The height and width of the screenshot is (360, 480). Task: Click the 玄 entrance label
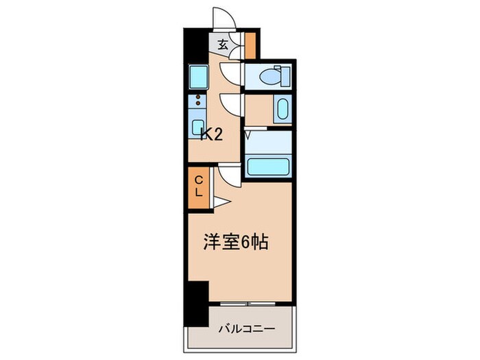pos(224,47)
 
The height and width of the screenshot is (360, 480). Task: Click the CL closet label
pos(199,187)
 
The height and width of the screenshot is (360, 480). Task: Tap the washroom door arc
pos(232,104)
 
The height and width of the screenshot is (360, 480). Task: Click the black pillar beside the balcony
pos(197,301)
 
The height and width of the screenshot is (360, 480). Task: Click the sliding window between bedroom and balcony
pos(248,302)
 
